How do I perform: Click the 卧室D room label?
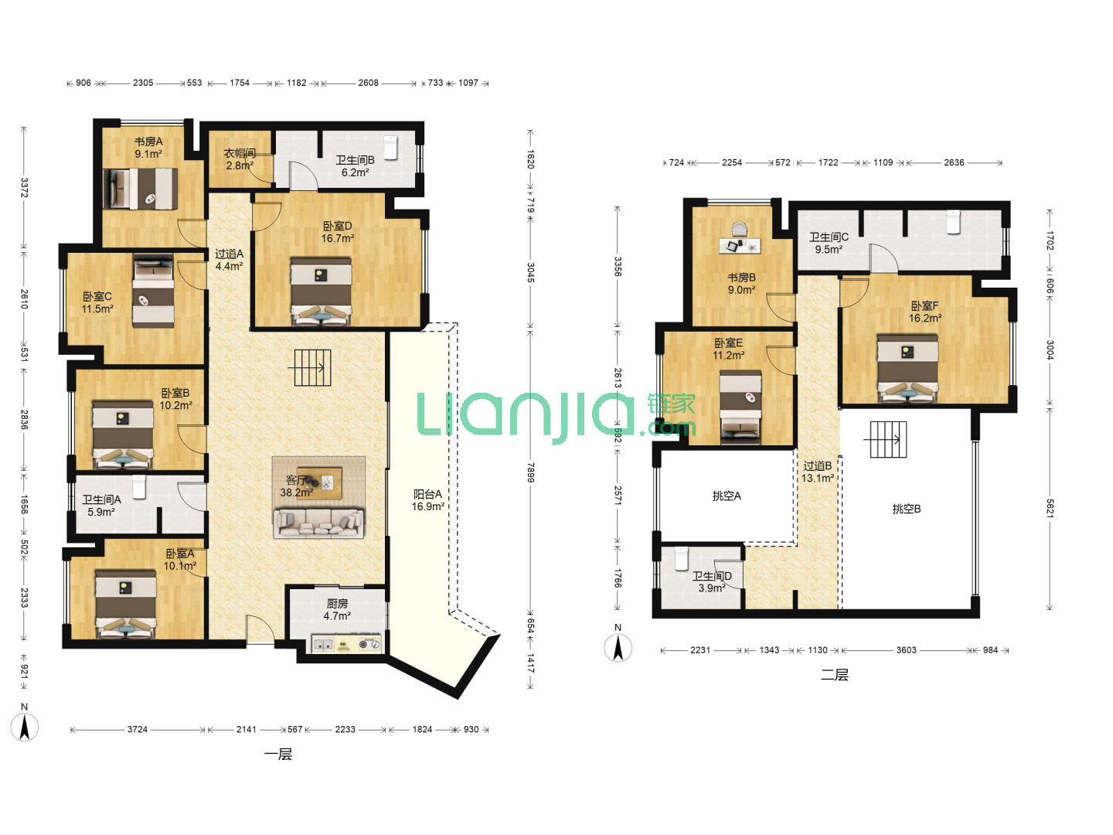click(x=337, y=226)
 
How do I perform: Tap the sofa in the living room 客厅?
click(x=319, y=523)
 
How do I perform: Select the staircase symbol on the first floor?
click(x=310, y=367)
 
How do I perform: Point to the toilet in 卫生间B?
click(x=390, y=148)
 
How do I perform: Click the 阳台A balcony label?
click(x=427, y=494)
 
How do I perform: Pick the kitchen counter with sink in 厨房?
click(x=346, y=644)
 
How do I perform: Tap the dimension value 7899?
click(x=530, y=472)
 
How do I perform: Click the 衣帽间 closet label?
click(x=240, y=153)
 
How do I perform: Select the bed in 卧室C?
click(x=153, y=291)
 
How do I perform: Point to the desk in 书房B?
click(x=740, y=246)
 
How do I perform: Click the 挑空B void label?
click(x=906, y=509)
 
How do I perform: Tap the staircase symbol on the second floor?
click(x=888, y=440)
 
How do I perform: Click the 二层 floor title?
click(x=835, y=675)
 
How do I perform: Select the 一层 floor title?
click(x=278, y=755)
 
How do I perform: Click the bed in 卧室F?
click(x=907, y=369)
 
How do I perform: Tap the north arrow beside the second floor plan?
click(x=618, y=648)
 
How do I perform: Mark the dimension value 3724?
click(x=137, y=730)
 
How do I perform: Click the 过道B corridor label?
click(x=818, y=465)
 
